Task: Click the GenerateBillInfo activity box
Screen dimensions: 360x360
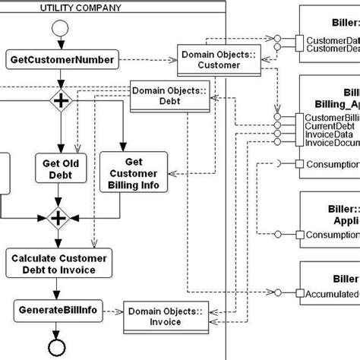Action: (x=56, y=311)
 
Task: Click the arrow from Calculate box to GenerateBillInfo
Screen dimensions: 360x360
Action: (x=57, y=288)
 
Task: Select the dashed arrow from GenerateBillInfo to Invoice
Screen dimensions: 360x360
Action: (x=112, y=311)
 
